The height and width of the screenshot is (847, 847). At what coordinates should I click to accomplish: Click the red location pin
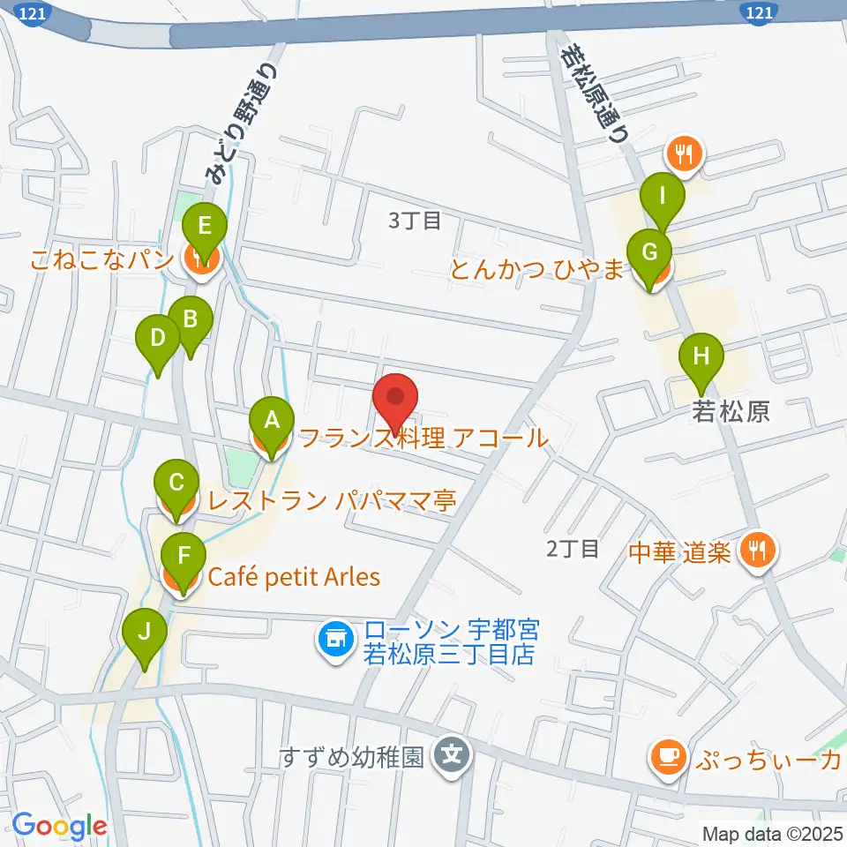394,400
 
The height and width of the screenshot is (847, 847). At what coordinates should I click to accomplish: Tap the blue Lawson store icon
335,633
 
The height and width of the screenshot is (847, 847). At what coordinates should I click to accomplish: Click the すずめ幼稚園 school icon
453,756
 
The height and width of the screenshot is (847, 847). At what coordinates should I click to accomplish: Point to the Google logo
60,825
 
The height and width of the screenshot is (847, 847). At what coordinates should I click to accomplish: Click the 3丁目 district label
415,221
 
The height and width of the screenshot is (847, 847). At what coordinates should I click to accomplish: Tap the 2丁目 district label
573,549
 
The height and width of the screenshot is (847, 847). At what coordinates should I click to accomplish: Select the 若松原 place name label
731,412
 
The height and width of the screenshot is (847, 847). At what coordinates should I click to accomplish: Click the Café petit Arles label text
294,578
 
